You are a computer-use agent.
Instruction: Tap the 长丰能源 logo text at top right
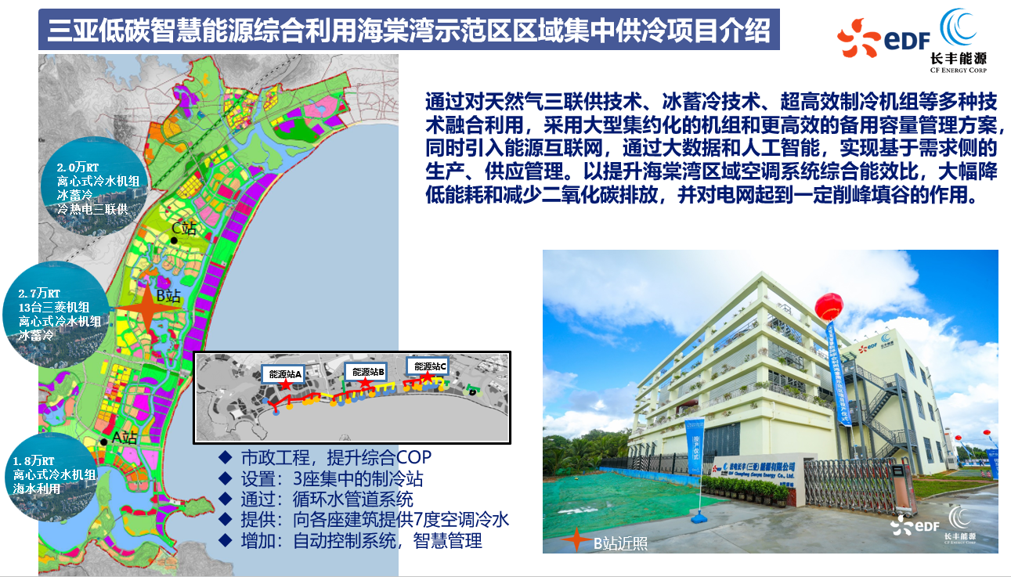(x=958, y=58)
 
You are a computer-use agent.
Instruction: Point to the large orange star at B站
(x=145, y=309)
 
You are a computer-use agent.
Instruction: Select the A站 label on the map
(x=124, y=438)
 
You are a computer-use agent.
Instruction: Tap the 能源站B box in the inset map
(x=368, y=372)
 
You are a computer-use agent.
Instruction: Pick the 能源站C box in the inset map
(x=430, y=366)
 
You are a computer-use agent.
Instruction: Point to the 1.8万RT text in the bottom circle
(x=34, y=460)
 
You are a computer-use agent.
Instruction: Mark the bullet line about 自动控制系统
(x=351, y=540)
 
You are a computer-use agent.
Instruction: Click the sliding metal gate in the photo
(x=854, y=478)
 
